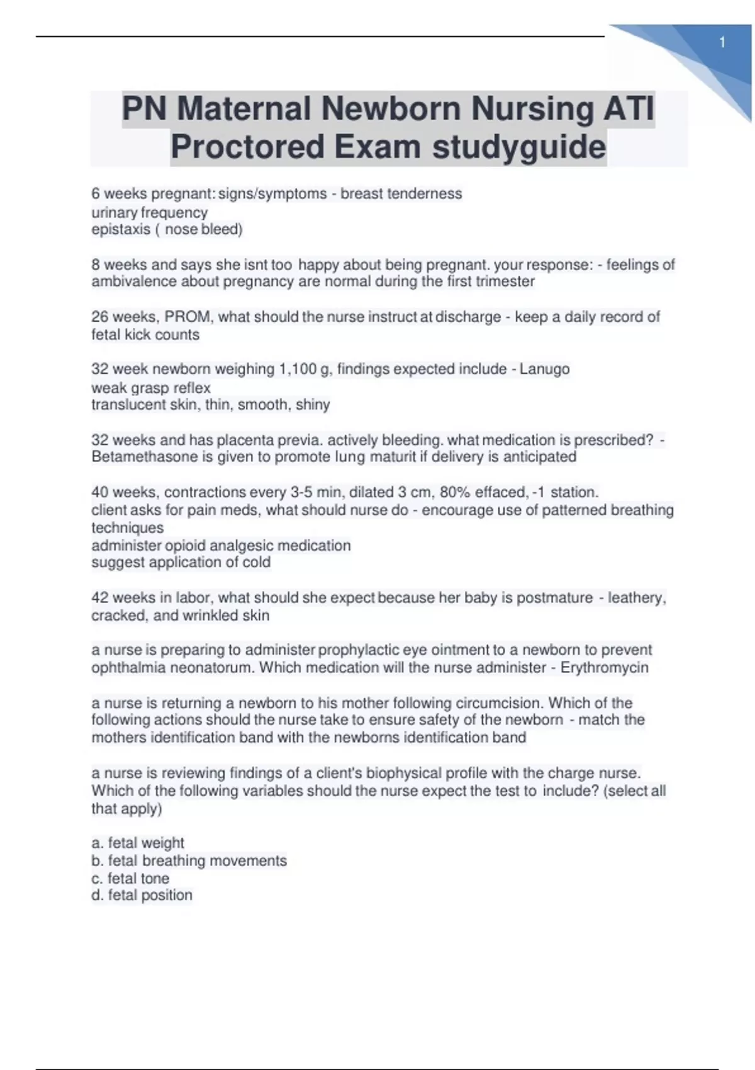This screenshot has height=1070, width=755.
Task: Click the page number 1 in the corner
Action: (x=722, y=43)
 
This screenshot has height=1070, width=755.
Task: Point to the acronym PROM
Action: (x=187, y=317)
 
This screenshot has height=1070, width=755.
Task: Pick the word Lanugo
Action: (x=544, y=369)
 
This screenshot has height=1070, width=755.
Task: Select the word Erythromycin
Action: (x=604, y=667)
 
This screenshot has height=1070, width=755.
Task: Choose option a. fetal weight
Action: (x=138, y=843)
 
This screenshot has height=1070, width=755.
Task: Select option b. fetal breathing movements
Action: (x=189, y=860)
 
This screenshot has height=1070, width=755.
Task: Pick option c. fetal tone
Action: (x=130, y=878)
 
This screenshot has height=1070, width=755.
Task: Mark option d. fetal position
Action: (x=142, y=895)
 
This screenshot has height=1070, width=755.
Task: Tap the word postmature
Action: (x=554, y=597)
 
